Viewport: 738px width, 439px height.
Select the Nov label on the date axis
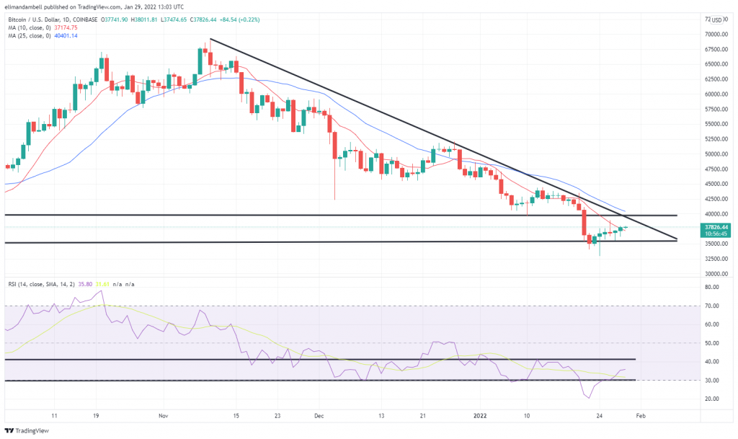click(164, 416)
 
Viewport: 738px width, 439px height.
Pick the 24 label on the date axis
click(600, 416)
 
